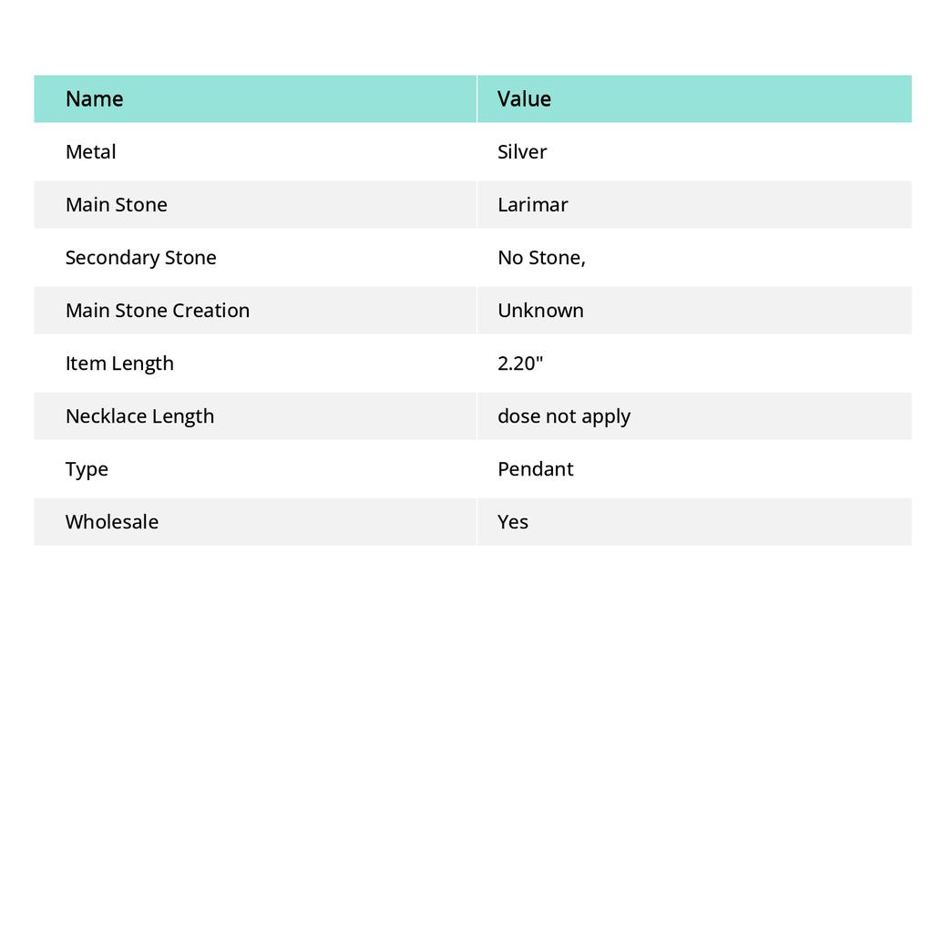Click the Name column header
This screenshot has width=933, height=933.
(94, 99)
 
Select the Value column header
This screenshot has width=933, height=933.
(524, 99)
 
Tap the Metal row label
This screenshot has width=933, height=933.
(90, 152)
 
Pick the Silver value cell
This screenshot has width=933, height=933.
(522, 152)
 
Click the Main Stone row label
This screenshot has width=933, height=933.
(116, 205)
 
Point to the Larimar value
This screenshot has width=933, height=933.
(532, 205)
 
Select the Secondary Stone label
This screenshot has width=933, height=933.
(140, 258)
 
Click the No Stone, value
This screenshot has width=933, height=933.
(541, 258)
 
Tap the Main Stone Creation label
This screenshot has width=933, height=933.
(157, 311)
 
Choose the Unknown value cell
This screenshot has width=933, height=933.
(540, 311)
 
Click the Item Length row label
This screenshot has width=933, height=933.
(119, 364)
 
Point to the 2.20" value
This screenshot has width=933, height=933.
(520, 364)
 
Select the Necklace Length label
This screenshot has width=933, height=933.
(139, 416)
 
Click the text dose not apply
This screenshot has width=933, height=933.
(564, 416)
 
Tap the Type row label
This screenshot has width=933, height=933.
(87, 469)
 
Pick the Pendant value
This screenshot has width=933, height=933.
(535, 469)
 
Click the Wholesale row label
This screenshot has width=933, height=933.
(111, 522)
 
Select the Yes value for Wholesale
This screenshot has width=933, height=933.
(513, 522)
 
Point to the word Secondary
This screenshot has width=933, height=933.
(108, 258)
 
